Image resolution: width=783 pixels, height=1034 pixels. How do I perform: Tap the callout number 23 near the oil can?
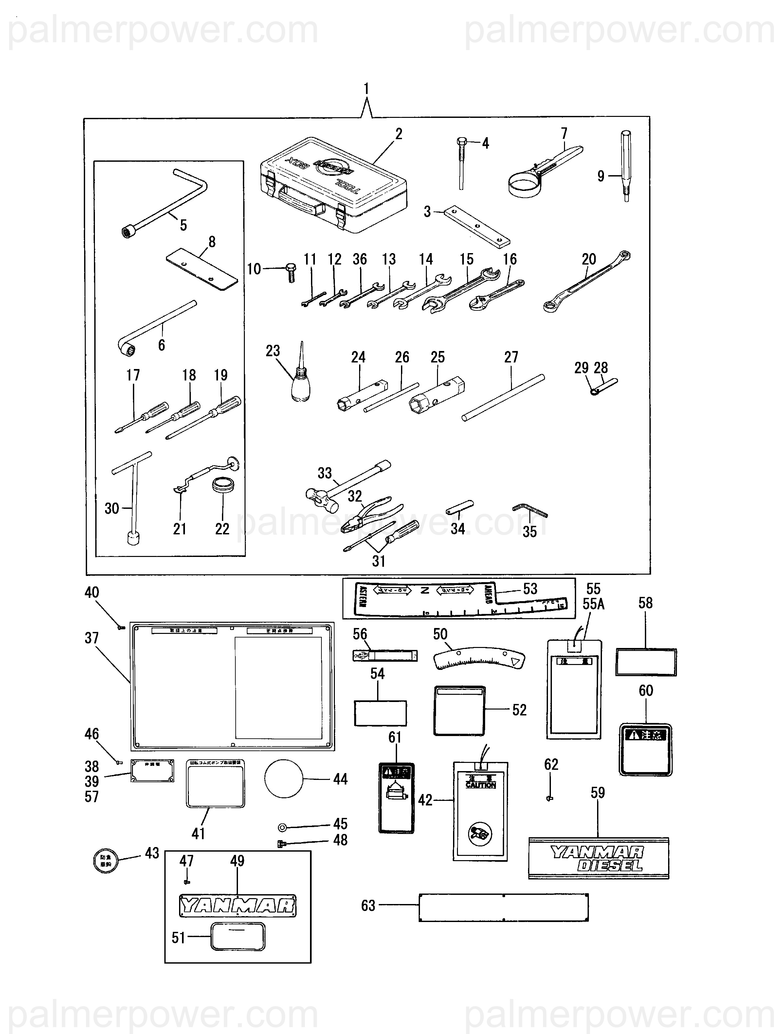pyautogui.click(x=273, y=351)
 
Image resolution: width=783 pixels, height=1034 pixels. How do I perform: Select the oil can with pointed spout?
pyautogui.click(x=300, y=383)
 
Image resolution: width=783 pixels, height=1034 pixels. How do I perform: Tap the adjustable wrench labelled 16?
pyautogui.click(x=496, y=294)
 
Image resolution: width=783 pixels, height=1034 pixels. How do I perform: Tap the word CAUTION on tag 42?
pyautogui.click(x=480, y=785)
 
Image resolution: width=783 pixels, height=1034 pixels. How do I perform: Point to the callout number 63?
pyautogui.click(x=368, y=905)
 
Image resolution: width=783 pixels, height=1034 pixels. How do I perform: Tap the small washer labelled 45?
pyautogui.click(x=282, y=827)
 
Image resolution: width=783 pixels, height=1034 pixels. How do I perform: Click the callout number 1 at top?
pyautogui.click(x=366, y=88)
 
